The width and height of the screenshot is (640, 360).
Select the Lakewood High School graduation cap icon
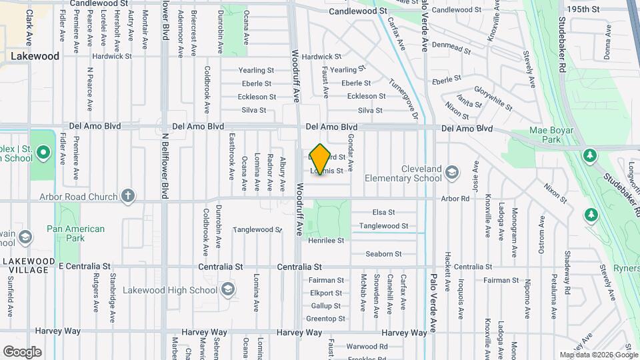229,289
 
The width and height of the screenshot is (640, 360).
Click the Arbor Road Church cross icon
128,196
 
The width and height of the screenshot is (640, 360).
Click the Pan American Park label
75,233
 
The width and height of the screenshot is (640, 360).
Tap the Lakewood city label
35,57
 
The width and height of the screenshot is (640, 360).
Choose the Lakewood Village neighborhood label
28,265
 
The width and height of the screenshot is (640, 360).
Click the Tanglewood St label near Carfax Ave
383,226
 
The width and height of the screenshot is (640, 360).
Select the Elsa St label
383,212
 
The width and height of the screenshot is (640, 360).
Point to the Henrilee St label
326,240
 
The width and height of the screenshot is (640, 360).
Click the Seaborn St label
383,254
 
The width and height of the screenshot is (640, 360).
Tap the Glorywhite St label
493,98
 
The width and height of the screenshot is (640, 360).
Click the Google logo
22,351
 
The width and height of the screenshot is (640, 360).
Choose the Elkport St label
326,293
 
